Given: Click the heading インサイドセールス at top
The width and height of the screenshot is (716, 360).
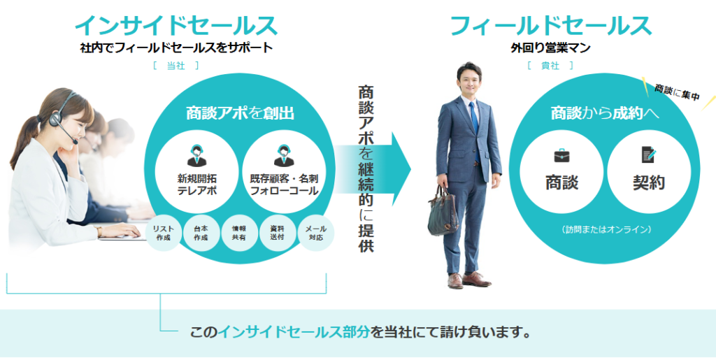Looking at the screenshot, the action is tap(176, 26).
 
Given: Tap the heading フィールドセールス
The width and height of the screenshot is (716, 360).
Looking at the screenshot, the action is tap(550, 26).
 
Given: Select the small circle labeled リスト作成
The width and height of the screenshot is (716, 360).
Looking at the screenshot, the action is tap(163, 233).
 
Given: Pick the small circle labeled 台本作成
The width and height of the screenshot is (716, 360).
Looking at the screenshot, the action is tap(201, 233).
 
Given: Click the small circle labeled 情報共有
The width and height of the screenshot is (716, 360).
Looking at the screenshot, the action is tap(239, 233).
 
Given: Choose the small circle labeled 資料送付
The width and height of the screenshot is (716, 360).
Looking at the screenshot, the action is tap(277, 233).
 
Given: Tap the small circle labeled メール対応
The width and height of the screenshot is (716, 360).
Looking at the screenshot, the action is tap(315, 233).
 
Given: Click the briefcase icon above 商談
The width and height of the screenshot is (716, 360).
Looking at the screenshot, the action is tap(561, 155).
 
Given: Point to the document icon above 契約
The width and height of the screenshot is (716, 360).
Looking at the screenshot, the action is tap(649, 154).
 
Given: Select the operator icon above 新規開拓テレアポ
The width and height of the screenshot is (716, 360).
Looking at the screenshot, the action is tap(196, 155).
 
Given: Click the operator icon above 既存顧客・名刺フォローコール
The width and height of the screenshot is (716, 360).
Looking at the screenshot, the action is tap(284, 155).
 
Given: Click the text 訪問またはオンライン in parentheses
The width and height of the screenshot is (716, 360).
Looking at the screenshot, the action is tap(606, 229).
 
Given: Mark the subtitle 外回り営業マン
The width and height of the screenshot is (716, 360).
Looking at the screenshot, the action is tap(550, 48).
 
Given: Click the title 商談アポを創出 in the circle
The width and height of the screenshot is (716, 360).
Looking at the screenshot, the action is tap(240, 113).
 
